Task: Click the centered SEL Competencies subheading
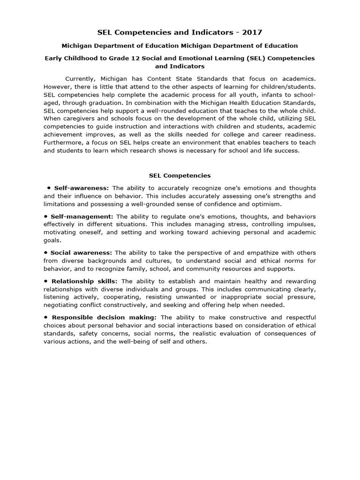click(x=180, y=176)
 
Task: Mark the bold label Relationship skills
click(x=85, y=281)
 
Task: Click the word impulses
click(x=301, y=224)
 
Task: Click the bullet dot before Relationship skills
click(x=46, y=281)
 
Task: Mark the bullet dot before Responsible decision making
click(x=46, y=317)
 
